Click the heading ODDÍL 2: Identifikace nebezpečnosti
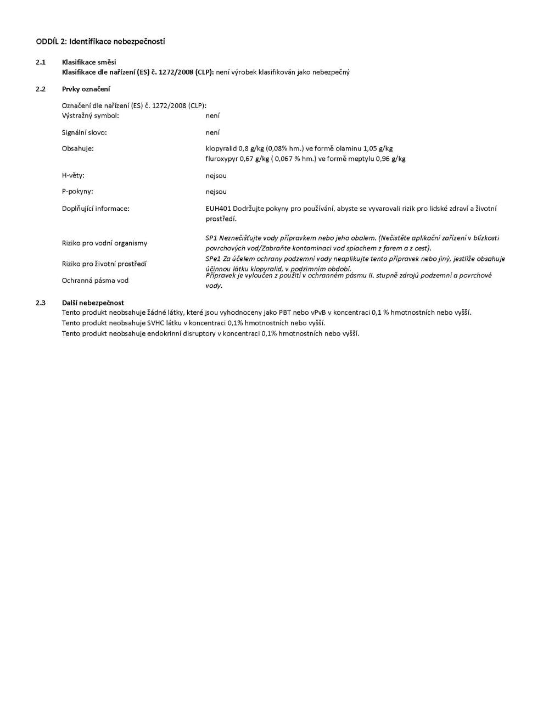point(100,41)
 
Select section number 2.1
point(41,62)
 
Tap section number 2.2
point(41,89)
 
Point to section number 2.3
point(41,303)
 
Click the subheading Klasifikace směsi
point(89,62)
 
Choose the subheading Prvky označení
point(86,89)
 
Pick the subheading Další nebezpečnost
point(93,303)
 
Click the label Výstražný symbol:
point(91,116)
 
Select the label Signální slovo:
point(84,132)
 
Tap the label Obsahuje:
point(78,148)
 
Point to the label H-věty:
point(73,176)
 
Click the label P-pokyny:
point(77,192)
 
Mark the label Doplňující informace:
point(96,209)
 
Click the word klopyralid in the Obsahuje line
point(221,148)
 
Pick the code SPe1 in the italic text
point(214,259)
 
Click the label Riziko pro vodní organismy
point(104,243)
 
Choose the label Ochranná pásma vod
point(95,281)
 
